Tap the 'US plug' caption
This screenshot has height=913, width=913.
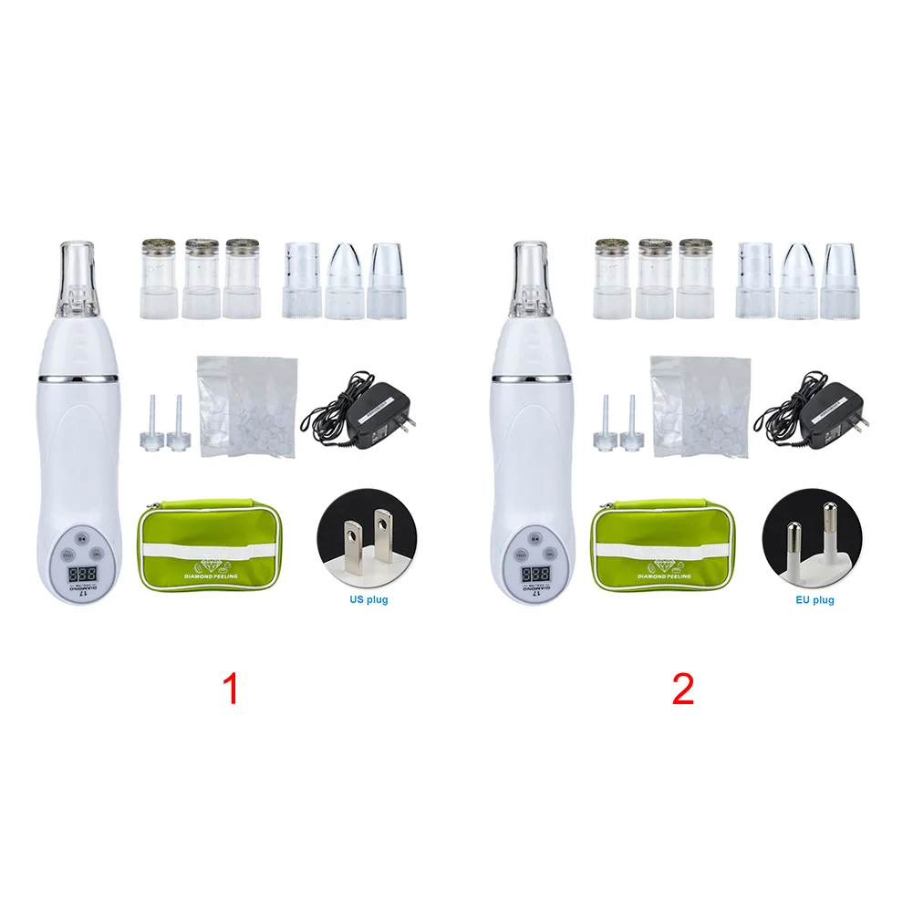pos(368,600)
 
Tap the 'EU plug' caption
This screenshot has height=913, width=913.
pos(814,600)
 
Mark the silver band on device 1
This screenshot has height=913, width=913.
pos(78,376)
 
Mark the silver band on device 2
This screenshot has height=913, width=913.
pos(531,376)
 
